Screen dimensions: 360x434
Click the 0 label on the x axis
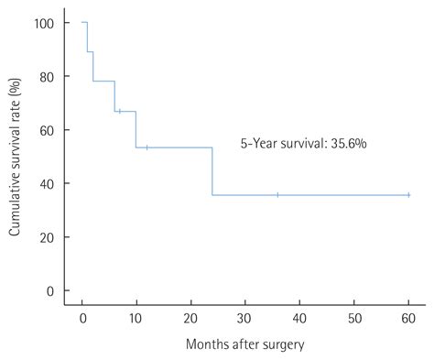click(82, 316)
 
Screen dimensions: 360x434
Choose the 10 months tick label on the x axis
click(136, 316)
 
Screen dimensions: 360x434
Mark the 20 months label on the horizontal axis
click(190, 316)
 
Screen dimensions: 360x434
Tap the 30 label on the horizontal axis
click(245, 316)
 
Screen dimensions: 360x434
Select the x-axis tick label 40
click(299, 316)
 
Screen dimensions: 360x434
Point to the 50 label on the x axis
click(353, 316)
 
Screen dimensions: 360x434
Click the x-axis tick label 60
click(407, 316)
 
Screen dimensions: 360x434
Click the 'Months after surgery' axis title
click(244, 344)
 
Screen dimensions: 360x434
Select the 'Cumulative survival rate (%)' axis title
click(16, 158)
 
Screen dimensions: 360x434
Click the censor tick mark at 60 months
click(407, 195)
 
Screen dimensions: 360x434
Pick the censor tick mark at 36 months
click(277, 195)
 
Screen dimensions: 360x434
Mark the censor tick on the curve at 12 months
click(147, 147)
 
